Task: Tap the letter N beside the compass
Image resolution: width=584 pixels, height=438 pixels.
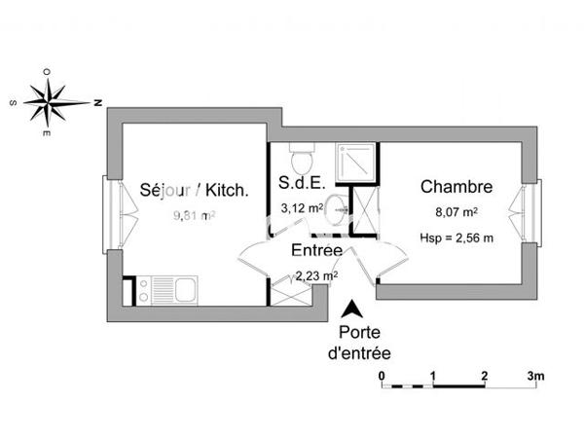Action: pyautogui.click(x=98, y=100)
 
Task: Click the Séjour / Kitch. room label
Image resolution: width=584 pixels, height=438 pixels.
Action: pyautogui.click(x=194, y=190)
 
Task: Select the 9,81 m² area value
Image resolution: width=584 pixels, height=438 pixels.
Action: pyautogui.click(x=193, y=216)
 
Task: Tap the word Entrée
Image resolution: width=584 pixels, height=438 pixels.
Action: pyautogui.click(x=316, y=250)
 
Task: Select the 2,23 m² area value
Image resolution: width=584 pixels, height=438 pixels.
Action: pyautogui.click(x=316, y=275)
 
